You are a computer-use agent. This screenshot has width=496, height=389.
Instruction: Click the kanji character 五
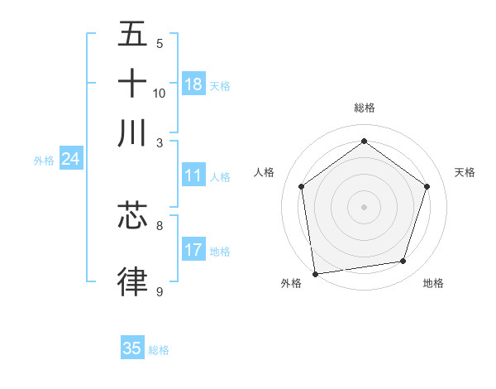(x=132, y=34)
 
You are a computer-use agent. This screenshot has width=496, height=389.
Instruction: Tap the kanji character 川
(x=132, y=132)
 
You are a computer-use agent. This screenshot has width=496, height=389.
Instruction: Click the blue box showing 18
(x=193, y=84)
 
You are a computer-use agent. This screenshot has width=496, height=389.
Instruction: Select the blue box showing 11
(x=193, y=175)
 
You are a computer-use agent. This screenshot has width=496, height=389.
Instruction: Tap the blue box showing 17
(x=193, y=250)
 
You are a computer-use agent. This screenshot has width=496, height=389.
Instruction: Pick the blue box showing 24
(x=70, y=160)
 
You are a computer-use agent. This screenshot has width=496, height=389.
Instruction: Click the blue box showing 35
(x=132, y=348)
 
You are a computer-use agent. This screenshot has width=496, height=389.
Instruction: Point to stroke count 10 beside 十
(x=160, y=93)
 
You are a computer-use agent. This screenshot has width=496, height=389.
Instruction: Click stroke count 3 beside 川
(x=160, y=142)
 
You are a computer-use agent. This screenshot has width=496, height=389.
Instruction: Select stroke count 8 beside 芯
(x=160, y=225)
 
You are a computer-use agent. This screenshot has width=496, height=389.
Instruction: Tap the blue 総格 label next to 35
(x=159, y=350)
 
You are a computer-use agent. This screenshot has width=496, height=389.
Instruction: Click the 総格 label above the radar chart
(x=365, y=108)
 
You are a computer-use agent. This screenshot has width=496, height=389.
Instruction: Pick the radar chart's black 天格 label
(x=465, y=172)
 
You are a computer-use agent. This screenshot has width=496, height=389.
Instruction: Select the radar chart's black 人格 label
(x=264, y=172)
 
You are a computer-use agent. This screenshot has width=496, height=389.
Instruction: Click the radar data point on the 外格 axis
(x=315, y=273)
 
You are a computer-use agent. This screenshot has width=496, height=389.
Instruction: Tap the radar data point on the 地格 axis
(x=403, y=262)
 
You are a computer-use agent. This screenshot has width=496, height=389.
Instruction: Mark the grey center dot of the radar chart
(x=365, y=206)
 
